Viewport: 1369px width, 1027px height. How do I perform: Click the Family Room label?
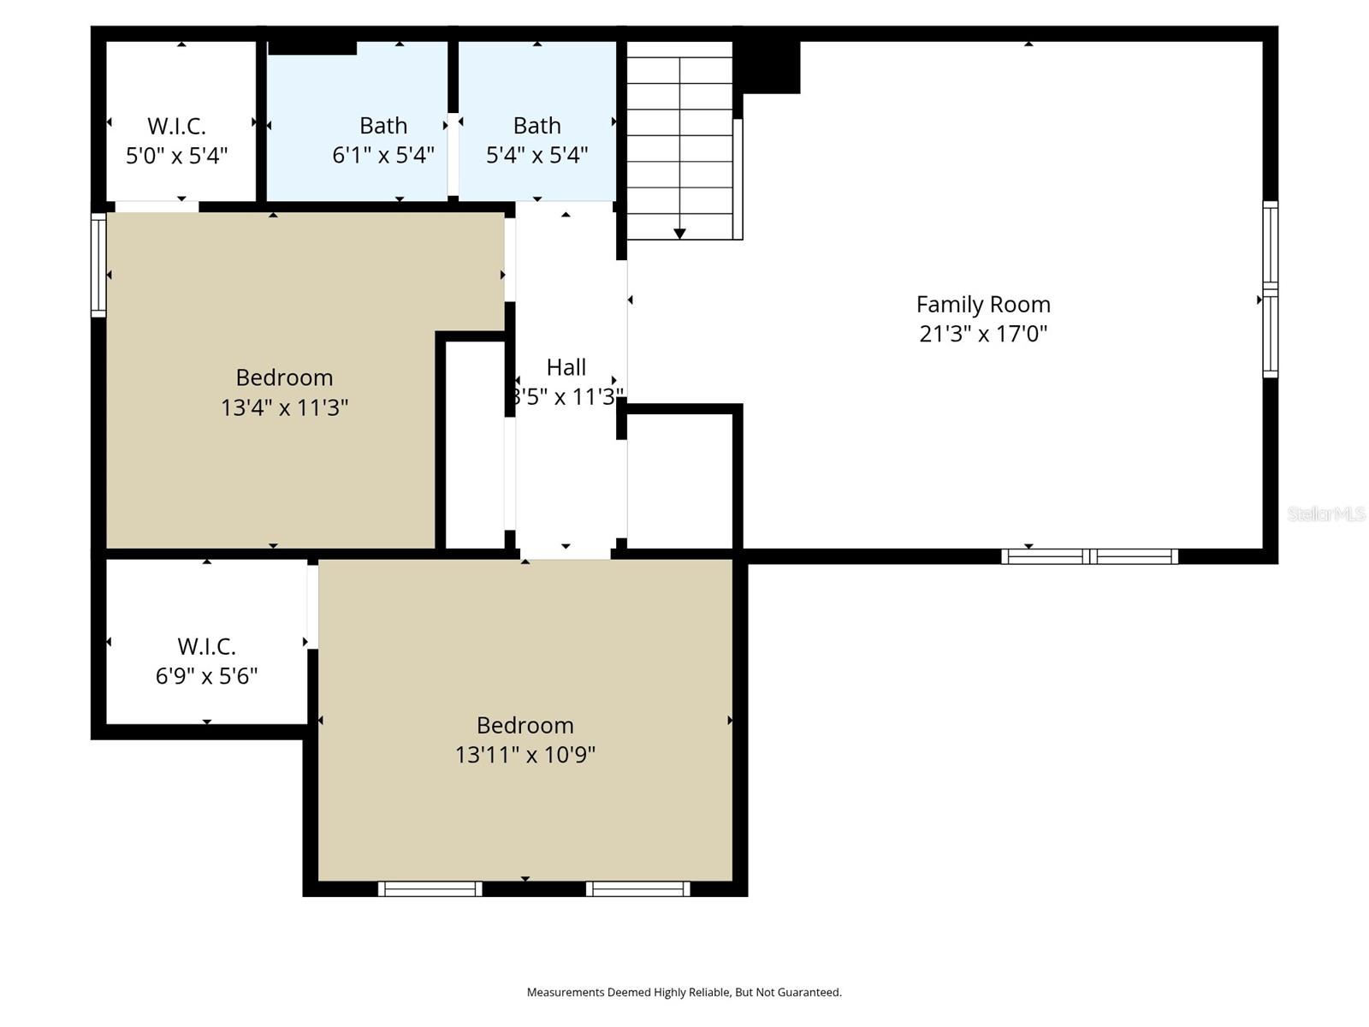coord(983,305)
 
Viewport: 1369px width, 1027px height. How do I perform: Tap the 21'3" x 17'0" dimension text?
coord(983,334)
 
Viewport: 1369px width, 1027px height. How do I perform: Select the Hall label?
coord(566,367)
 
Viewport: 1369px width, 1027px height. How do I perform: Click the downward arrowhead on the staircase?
coord(679,234)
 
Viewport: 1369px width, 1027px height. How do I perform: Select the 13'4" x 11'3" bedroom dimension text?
coord(284,407)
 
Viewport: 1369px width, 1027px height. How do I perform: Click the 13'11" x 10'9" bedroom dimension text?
coord(524,755)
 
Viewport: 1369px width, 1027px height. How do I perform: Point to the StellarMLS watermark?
coord(1326,513)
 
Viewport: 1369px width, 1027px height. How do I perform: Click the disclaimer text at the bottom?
coord(684,993)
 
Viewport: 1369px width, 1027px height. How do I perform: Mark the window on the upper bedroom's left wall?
coord(98,264)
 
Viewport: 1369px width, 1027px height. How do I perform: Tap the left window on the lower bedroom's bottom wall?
coord(430,889)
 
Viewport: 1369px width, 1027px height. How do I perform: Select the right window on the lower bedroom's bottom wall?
coord(637,889)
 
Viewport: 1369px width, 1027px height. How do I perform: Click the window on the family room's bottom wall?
coord(1089,556)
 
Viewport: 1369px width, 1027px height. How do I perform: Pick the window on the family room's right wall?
coord(1271,289)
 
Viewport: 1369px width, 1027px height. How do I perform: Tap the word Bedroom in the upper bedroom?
coord(284,377)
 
